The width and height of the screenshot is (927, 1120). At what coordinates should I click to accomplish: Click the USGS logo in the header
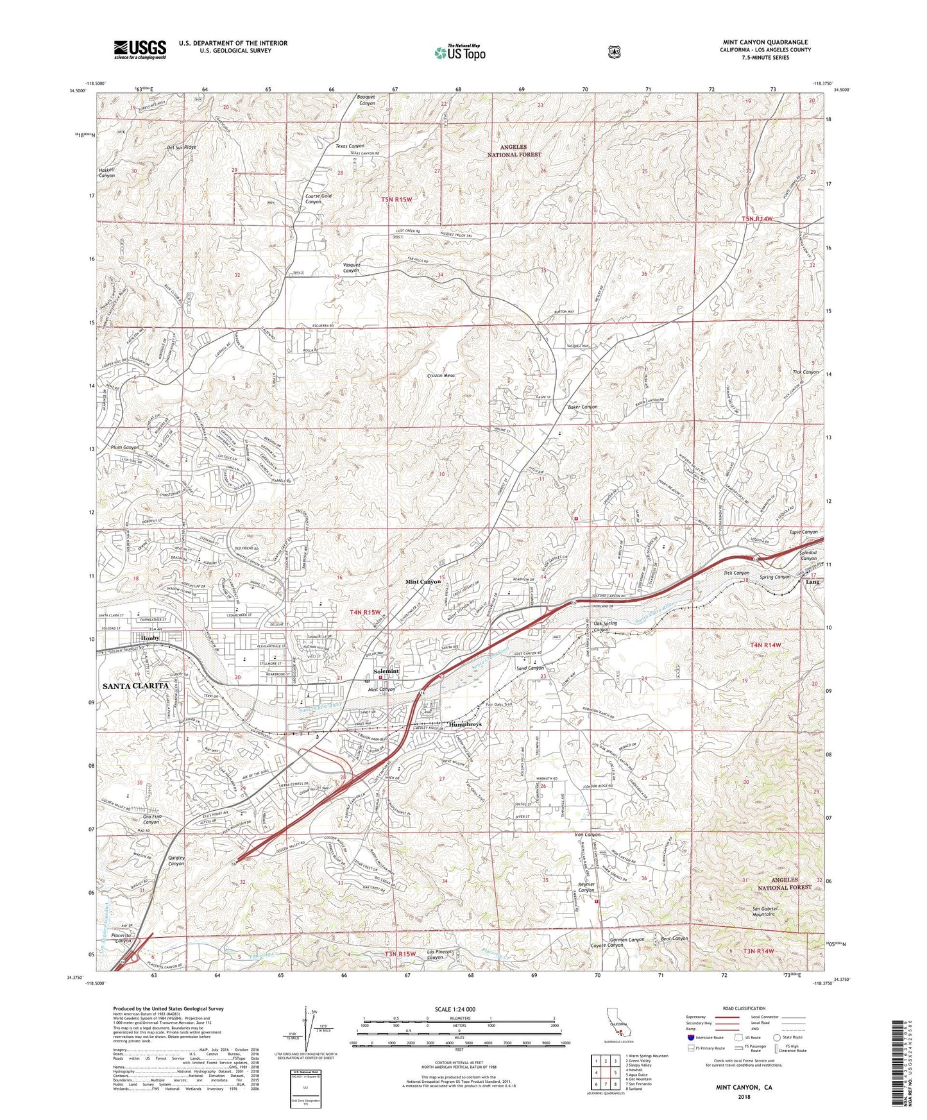pyautogui.click(x=140, y=49)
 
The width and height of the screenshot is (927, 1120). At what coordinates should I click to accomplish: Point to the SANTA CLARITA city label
pyautogui.click(x=135, y=686)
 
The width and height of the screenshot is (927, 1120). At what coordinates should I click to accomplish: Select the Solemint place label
pyautogui.click(x=386, y=671)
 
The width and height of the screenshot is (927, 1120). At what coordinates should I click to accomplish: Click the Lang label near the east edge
pyautogui.click(x=812, y=582)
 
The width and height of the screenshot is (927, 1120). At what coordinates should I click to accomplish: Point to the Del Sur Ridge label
pyautogui.click(x=181, y=147)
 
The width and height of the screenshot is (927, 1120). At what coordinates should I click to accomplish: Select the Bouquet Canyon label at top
pyautogui.click(x=366, y=100)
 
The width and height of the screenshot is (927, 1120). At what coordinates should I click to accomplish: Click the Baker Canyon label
pyautogui.click(x=583, y=407)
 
